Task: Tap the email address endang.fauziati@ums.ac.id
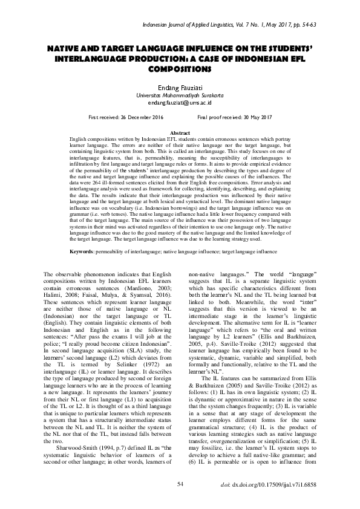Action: tap(180, 103)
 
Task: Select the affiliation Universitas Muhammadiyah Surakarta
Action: tap(180, 96)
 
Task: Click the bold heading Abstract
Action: tap(180, 132)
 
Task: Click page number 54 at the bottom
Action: tap(180, 484)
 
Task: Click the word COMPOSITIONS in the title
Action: tap(180, 69)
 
